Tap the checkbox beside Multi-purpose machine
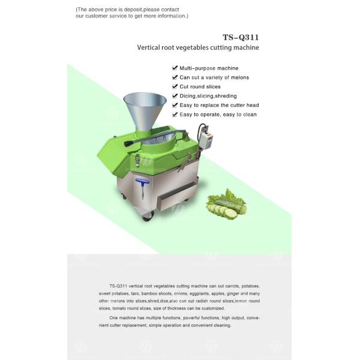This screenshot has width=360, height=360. (175, 68)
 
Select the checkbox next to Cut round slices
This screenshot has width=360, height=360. (175, 86)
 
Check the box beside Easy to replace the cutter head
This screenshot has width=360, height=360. (175, 105)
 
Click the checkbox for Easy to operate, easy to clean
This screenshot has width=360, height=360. (175, 114)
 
